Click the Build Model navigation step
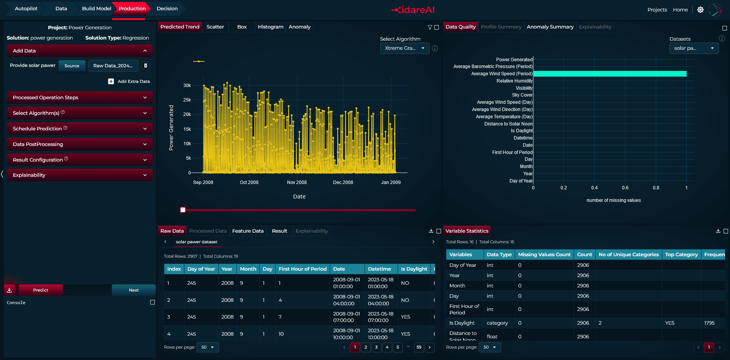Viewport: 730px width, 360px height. click(x=97, y=8)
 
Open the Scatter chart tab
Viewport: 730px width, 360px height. click(x=215, y=27)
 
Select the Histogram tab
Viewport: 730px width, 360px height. click(x=270, y=27)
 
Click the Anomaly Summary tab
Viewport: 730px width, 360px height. click(x=550, y=27)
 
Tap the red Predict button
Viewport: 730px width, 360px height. click(x=41, y=290)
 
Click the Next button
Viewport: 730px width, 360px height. click(x=134, y=290)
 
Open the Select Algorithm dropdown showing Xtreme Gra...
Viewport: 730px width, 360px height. click(x=405, y=48)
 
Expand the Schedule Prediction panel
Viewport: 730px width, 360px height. click(x=80, y=128)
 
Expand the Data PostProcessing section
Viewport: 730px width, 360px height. click(x=80, y=144)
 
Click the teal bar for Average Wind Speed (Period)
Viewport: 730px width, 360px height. click(x=610, y=74)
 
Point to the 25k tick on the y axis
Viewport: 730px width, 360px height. click(x=187, y=100)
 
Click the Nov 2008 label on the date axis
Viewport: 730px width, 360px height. click(x=297, y=182)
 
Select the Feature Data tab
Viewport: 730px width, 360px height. click(x=248, y=231)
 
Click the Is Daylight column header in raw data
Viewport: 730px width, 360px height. click(x=414, y=269)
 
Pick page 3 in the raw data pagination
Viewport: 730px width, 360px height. click(x=376, y=347)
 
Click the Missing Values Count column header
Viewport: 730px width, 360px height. click(x=544, y=255)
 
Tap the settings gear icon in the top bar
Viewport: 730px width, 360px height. click(x=700, y=10)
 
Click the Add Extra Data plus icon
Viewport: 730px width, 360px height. click(x=111, y=81)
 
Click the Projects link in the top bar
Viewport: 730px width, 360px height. click(x=657, y=10)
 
